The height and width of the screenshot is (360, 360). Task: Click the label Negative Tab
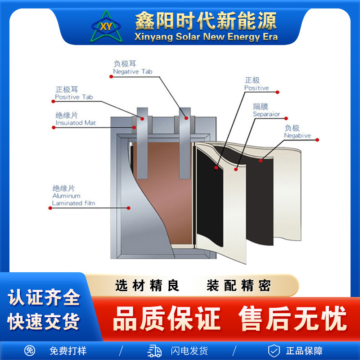tap(132, 72)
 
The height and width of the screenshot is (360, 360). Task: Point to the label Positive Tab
tap(74, 97)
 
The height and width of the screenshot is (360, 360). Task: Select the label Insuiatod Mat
tap(75, 123)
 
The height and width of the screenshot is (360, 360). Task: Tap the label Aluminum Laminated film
tap(73, 199)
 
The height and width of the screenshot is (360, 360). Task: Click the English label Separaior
tap(266, 114)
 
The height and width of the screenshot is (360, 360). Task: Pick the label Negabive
tap(297, 135)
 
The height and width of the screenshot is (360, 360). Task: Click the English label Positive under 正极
tap(256, 88)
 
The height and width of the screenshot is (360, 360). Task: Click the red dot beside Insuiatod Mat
tap(54, 127)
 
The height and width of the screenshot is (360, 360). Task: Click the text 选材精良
tap(147, 286)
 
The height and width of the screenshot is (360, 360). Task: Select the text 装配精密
tap(238, 286)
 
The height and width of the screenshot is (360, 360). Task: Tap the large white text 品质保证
tap(166, 319)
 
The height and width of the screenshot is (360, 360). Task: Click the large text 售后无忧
tap(292, 319)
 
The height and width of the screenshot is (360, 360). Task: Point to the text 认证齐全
tap(44, 298)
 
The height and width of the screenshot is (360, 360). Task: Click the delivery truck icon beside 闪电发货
tap(154, 351)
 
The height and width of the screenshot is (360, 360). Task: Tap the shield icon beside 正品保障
tap(274, 351)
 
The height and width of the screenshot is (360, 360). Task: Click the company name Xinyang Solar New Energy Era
tap(206, 37)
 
